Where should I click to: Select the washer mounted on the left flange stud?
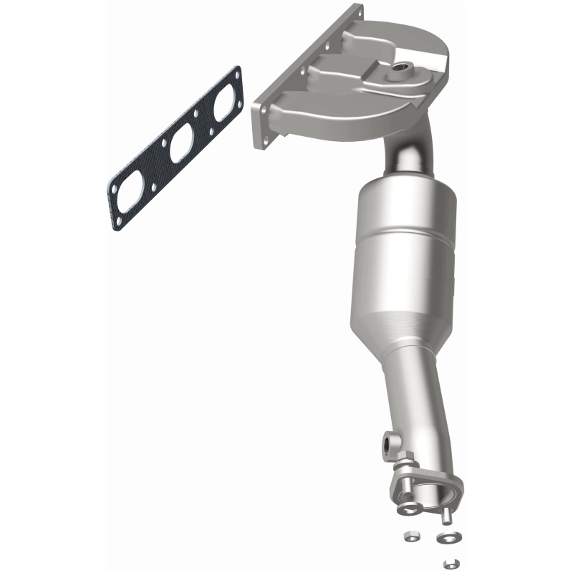tap(410, 507)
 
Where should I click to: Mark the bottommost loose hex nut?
tap(451, 561)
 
